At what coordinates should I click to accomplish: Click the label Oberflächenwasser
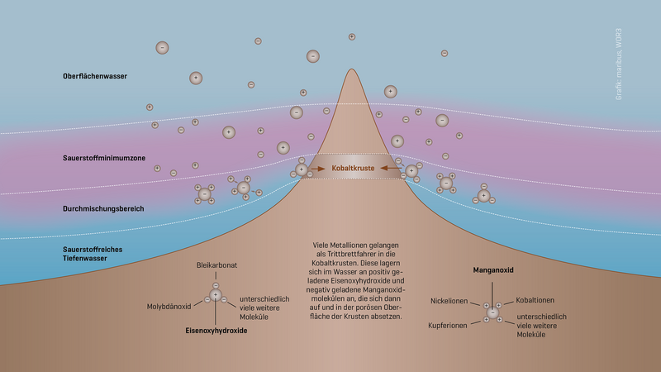point(95,77)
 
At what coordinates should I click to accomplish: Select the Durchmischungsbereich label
point(103,208)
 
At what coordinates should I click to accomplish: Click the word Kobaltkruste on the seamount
point(354,169)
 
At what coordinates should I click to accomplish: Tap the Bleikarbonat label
point(216,265)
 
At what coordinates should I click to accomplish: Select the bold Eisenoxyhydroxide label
point(216,330)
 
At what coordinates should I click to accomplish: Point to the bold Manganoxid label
point(492,269)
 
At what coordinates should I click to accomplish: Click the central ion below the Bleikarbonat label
point(216,295)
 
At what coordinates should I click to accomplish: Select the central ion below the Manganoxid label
point(492,312)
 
